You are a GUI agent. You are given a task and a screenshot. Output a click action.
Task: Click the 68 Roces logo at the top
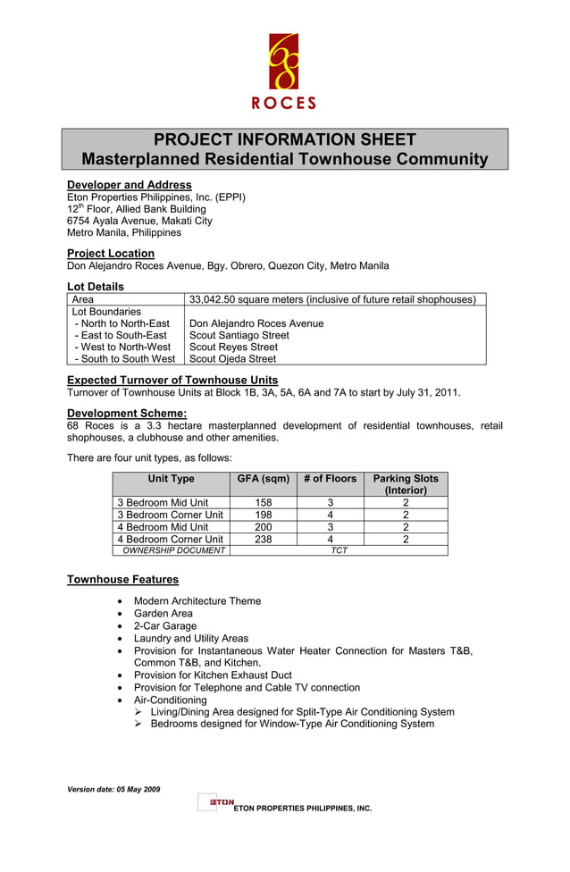284,71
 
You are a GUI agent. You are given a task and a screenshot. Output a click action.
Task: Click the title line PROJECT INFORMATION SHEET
284,139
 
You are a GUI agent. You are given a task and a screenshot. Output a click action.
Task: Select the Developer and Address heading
129,185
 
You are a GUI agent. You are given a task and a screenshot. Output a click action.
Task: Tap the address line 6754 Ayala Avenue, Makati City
139,221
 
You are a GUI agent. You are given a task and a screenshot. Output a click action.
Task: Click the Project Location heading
110,254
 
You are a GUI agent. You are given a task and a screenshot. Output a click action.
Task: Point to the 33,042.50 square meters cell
332,299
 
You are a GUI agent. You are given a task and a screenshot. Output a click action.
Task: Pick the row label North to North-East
122,323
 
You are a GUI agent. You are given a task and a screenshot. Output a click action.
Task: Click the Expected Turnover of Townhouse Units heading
172,380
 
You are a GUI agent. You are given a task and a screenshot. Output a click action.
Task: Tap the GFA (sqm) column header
263,479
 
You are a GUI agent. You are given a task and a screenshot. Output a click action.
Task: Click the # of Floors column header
330,479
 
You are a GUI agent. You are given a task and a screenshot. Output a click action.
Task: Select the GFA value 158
263,503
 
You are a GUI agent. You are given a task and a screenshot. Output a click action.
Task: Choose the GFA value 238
263,539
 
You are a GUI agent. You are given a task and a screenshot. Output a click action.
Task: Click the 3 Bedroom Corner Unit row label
170,515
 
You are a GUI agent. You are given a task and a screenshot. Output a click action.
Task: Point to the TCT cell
339,550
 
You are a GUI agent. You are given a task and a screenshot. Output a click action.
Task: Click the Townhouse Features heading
122,580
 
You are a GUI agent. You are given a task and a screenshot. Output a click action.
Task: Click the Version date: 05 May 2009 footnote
113,790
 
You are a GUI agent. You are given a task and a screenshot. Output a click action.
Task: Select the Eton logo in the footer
215,801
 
